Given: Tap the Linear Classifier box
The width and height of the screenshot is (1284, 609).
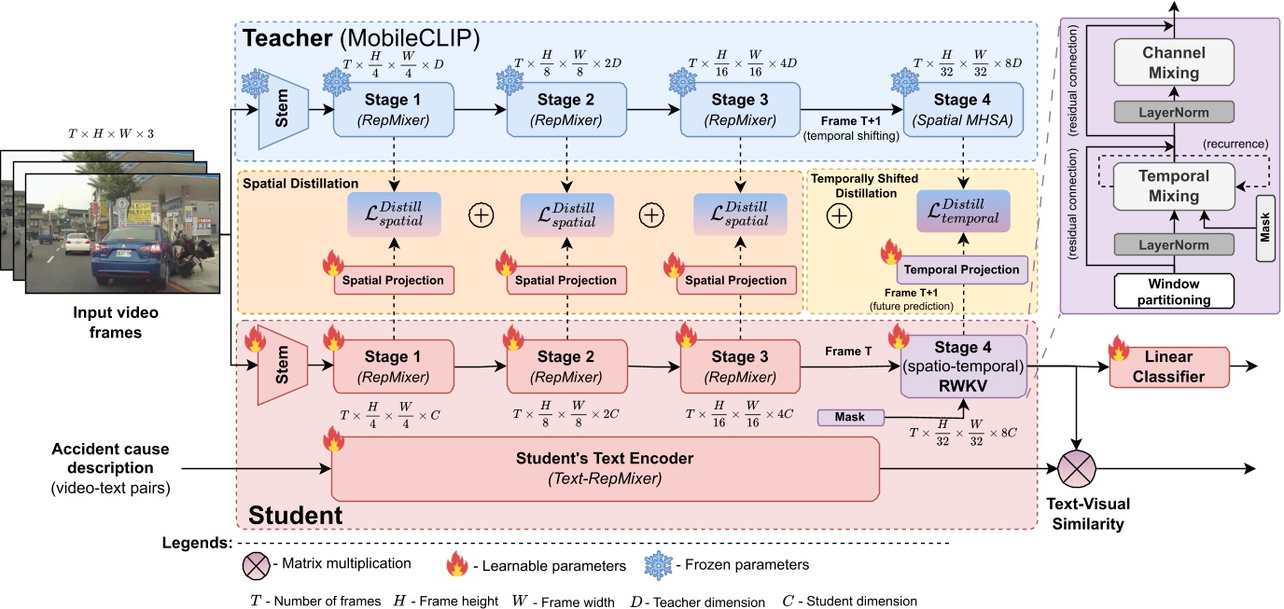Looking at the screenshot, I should tap(1169, 366).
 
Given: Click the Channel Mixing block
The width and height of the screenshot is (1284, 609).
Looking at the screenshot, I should tap(1174, 62).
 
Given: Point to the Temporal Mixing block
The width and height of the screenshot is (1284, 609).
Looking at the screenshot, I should tap(1174, 186).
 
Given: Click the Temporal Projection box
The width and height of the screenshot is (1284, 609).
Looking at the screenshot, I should tap(963, 270).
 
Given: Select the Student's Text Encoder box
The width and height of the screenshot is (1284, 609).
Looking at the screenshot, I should tap(606, 468).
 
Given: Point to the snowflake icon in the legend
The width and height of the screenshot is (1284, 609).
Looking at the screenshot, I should tap(660, 563).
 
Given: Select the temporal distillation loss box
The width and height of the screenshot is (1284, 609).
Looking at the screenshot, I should tap(963, 212).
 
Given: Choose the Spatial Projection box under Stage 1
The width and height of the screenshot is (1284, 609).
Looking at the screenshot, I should tap(393, 280).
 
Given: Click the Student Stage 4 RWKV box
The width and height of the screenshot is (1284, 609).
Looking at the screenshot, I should tap(964, 367).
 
